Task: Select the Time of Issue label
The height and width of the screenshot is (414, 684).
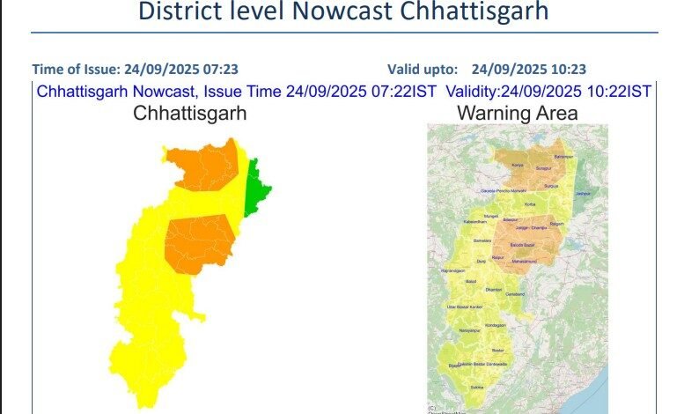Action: (76, 69)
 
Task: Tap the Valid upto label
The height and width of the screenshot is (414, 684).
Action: (423, 69)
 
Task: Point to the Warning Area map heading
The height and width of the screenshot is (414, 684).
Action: (517, 113)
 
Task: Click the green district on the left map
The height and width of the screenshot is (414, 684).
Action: (256, 187)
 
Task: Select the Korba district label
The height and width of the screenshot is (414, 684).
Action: (529, 203)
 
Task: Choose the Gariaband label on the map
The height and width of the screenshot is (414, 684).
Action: (515, 293)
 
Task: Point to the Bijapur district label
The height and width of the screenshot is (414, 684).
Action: (454, 364)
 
